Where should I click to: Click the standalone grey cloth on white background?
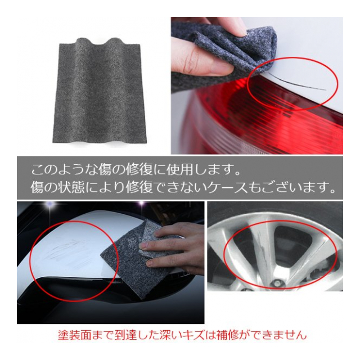[x=100, y=91]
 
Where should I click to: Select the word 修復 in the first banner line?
[x=139, y=170]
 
